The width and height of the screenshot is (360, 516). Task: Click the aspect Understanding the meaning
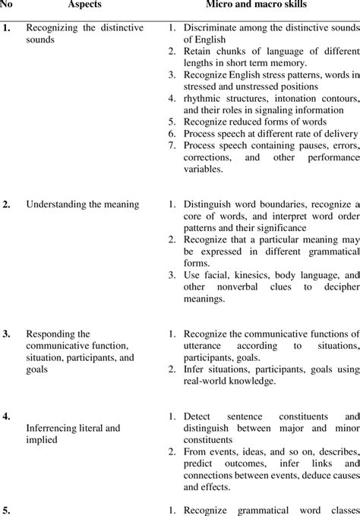tap(82, 204)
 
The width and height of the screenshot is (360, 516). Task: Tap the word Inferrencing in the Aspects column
tap(55, 428)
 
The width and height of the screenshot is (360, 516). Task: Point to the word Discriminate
tap(212, 30)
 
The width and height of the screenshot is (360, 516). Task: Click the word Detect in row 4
tap(196, 416)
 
